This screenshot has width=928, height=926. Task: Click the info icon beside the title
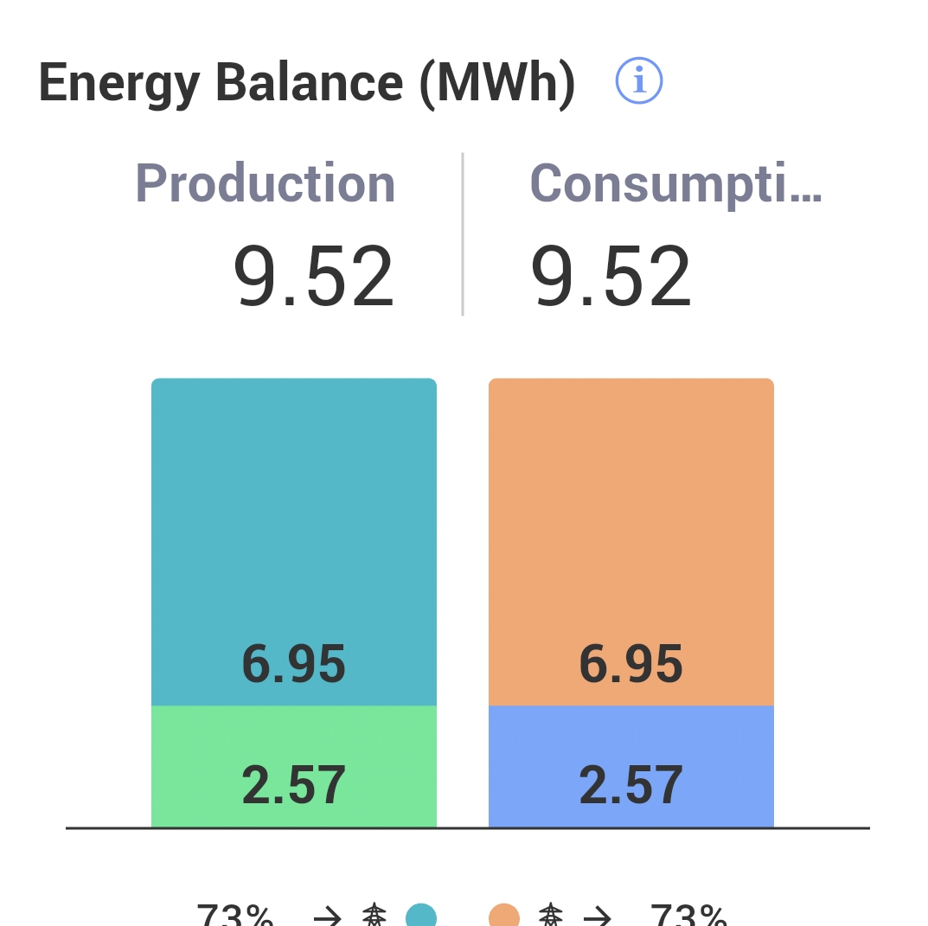point(639,81)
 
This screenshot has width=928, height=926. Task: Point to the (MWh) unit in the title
point(497,85)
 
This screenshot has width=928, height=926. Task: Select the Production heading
point(265,183)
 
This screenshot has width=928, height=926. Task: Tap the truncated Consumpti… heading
point(675,183)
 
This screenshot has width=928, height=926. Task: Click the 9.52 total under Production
point(314,278)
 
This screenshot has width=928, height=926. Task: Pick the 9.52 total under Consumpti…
point(611,278)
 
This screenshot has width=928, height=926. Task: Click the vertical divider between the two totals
point(463,233)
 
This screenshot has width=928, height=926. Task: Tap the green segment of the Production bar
point(294,744)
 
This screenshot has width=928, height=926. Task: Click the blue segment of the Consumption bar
point(631,744)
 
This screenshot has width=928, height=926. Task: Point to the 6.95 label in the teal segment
point(294,665)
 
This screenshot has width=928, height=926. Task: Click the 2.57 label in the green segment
point(294,785)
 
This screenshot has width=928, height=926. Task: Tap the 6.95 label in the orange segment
point(631,665)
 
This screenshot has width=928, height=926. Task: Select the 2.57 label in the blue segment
point(631,785)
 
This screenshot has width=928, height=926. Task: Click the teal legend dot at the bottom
point(421,916)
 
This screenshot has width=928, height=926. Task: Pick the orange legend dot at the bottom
point(504,916)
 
